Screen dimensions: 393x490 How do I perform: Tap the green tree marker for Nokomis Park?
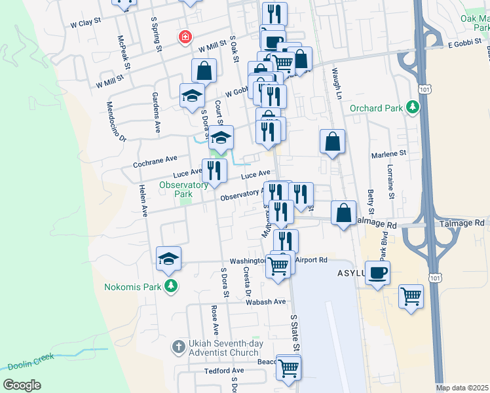(x=171, y=286)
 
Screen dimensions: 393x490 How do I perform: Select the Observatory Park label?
(x=176, y=189)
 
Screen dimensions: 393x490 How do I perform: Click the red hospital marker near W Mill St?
(x=186, y=37)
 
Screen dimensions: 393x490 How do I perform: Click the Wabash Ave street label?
(x=266, y=302)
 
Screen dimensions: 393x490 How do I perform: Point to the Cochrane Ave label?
(x=155, y=160)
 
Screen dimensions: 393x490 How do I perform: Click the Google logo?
(x=22, y=385)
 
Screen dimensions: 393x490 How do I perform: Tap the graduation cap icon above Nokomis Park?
(x=169, y=259)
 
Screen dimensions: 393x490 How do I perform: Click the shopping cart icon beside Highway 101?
(x=411, y=295)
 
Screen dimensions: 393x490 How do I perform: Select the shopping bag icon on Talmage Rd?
(x=344, y=213)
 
